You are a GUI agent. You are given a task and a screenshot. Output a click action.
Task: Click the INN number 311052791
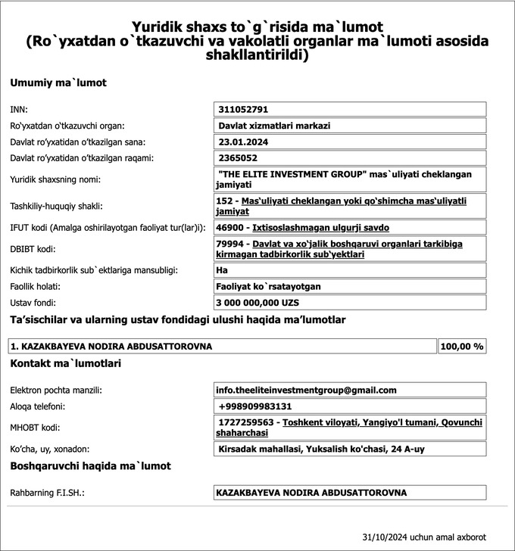pos(243,110)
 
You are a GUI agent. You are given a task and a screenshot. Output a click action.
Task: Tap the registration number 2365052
pos(238,158)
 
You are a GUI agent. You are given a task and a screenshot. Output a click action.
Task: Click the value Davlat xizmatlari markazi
pos(274,126)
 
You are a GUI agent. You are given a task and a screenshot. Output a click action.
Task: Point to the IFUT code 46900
pos(230,227)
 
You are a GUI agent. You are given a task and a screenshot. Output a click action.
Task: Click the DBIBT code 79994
pos(230,244)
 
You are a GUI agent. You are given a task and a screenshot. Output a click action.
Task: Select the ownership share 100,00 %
pos(462,347)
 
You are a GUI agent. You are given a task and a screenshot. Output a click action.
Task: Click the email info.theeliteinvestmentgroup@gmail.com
pos(306,391)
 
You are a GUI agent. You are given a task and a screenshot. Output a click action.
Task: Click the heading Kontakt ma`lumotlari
pos(66,363)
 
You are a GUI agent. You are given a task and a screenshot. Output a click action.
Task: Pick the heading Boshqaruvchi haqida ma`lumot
pos(90,466)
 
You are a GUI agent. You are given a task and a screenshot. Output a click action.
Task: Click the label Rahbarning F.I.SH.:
pos(46,493)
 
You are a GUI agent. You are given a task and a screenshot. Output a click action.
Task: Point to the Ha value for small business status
pos(223,270)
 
